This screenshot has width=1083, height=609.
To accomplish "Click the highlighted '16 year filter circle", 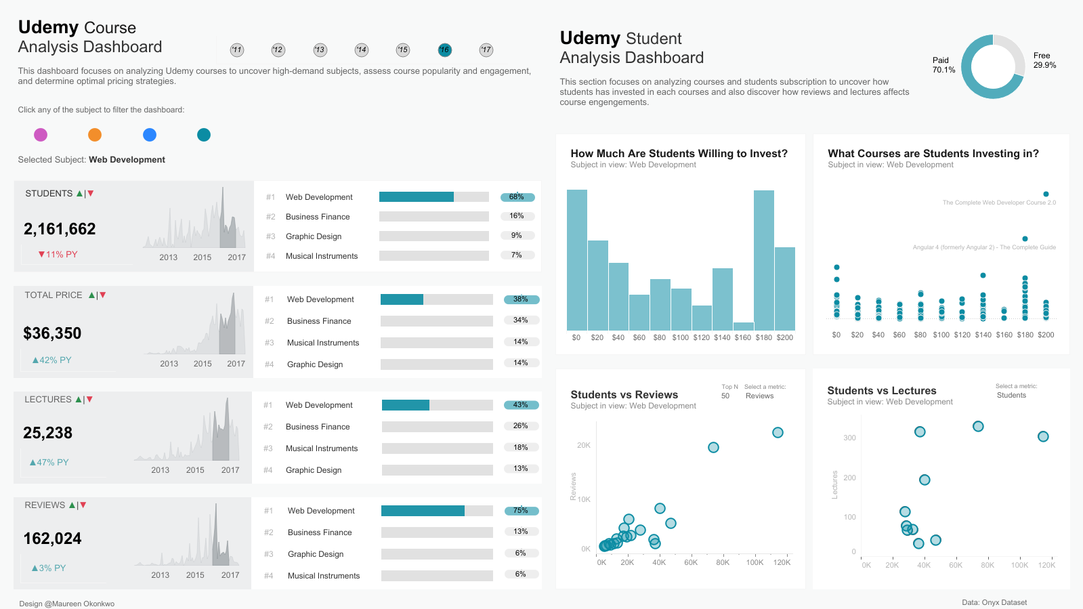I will [444, 49].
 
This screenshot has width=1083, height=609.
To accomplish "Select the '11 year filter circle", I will [236, 49].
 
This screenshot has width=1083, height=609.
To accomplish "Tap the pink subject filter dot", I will [41, 135].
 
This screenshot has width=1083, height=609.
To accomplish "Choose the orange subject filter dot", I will [95, 135].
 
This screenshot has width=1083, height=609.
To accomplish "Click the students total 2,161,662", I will [60, 229].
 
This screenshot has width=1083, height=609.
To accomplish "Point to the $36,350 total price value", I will [52, 333].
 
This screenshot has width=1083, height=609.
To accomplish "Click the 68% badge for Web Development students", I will [517, 197].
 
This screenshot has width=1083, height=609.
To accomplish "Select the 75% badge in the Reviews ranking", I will [522, 511].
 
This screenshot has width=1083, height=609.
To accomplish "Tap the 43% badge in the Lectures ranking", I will [521, 405].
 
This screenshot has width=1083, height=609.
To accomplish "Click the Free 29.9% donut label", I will [1044, 60].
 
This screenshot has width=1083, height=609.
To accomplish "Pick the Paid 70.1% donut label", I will [943, 65].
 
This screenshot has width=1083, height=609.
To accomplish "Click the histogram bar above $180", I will [764, 260].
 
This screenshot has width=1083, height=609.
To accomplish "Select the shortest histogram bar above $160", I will [743, 326].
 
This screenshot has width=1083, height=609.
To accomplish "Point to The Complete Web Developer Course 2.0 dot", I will [1046, 194].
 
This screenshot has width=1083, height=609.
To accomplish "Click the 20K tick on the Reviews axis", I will [584, 445].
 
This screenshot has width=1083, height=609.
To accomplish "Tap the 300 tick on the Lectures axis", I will [849, 438].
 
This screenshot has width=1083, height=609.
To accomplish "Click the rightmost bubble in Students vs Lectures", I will [1043, 436].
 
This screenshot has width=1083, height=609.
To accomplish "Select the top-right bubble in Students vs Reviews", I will [778, 432].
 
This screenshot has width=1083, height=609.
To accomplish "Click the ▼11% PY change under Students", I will [58, 255].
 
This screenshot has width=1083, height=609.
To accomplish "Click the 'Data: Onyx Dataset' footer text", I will [994, 602].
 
